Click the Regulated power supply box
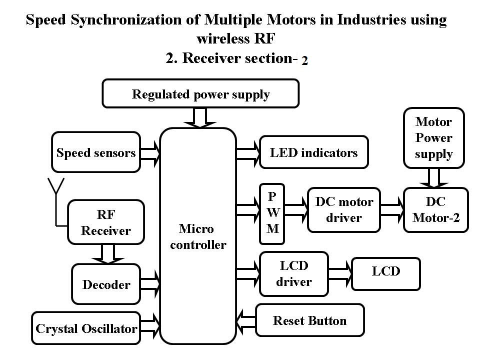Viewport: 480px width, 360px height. coord(200,93)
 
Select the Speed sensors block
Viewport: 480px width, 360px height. coord(96,152)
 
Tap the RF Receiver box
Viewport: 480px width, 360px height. coord(106,222)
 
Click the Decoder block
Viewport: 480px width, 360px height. coord(106,284)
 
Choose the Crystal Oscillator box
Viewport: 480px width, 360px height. coord(86,328)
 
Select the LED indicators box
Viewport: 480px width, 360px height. coord(314,152)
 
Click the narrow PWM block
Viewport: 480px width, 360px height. coord(272,213)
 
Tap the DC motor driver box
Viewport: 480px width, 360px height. coord(344,210)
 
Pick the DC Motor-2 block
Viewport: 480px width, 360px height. coord(436,210)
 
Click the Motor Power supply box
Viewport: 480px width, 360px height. coord(434,138)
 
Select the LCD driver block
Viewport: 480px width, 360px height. coord(294,274)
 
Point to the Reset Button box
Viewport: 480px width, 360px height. coord(310,320)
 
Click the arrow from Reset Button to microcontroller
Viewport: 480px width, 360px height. coord(246,321)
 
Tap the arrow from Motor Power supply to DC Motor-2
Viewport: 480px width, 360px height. coord(434,178)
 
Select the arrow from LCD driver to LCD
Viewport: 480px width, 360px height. coord(340,273)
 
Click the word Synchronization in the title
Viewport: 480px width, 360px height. coord(134,20)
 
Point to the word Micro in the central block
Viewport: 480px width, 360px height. coord(196,228)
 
